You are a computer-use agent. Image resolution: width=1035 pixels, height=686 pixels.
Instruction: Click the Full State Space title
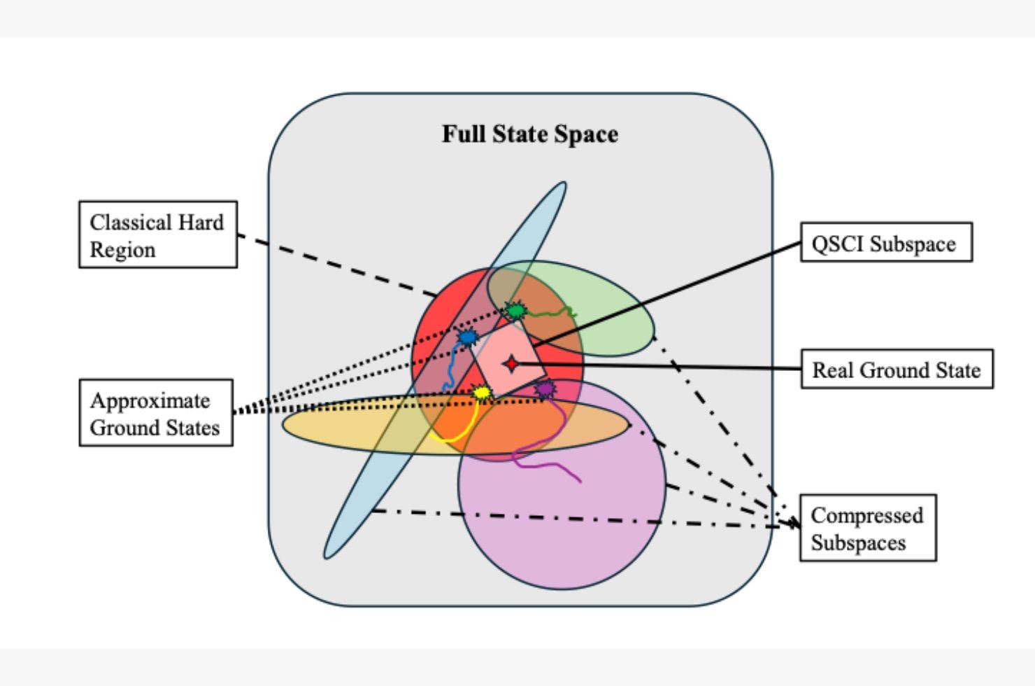coord(529,134)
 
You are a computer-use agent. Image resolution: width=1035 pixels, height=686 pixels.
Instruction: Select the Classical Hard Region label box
coord(157,234)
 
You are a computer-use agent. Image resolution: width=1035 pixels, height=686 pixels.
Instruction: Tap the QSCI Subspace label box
coord(885,242)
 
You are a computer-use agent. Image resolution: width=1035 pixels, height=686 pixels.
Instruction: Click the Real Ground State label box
coord(896,369)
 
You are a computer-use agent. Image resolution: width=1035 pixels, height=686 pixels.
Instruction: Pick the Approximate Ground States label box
coord(155,413)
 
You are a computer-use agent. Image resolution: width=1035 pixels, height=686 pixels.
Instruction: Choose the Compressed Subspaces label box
coord(867,528)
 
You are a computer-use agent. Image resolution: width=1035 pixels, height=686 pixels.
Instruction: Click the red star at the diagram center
coord(512,364)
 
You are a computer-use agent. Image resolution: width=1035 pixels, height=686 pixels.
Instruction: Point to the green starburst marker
coord(515,310)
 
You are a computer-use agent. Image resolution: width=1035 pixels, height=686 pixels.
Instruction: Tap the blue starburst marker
coord(467,338)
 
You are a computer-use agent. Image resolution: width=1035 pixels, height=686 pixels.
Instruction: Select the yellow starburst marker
coord(481,393)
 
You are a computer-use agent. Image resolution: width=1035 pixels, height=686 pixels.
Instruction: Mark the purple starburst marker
coord(544,388)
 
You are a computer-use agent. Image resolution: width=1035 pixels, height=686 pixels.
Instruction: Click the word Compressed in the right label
coord(866,515)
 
